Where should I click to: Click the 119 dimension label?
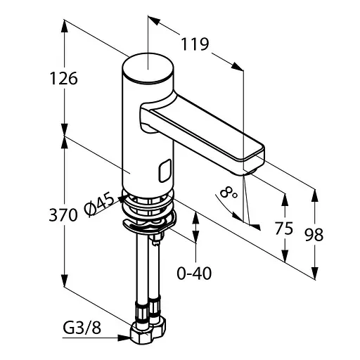coord(195,44)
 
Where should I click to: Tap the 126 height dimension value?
coord(64,78)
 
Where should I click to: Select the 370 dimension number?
coord(63,215)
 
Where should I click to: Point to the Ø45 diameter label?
coord(99,203)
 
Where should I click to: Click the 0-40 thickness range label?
coord(194,274)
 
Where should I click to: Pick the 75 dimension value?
coord(284,228)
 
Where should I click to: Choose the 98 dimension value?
coord(314,235)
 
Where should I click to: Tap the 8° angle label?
coord(229,193)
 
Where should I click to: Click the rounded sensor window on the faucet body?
coord(165,171)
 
